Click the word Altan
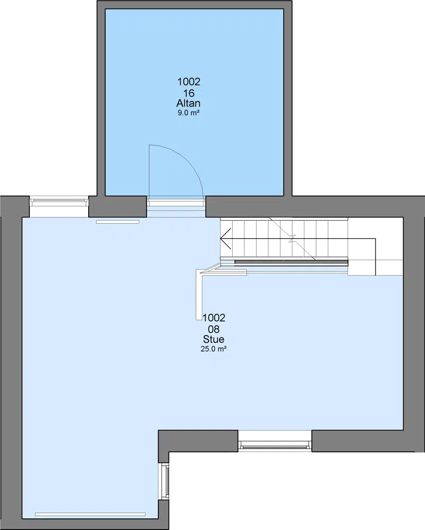click(188, 103)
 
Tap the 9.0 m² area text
click(189, 113)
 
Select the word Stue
click(214, 339)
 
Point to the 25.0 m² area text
click(214, 349)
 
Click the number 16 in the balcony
click(189, 93)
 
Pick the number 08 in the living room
click(214, 329)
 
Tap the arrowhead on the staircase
click(226, 239)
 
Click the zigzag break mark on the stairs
click(292, 239)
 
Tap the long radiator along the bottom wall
click(90, 515)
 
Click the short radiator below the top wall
click(117, 222)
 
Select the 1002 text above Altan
click(189, 81)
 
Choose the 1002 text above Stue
click(214, 317)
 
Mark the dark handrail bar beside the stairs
click(291, 262)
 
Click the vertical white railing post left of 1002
click(199, 295)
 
